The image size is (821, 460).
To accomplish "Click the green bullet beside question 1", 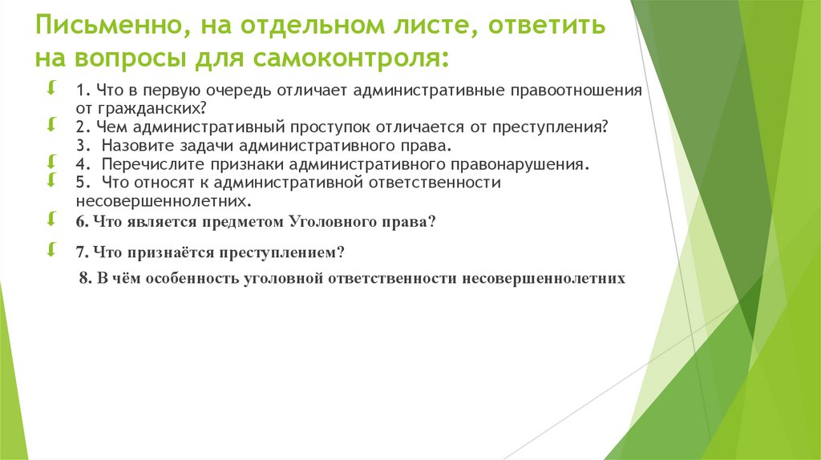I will [51, 87].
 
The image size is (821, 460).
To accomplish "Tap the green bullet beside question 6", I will [51, 218].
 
